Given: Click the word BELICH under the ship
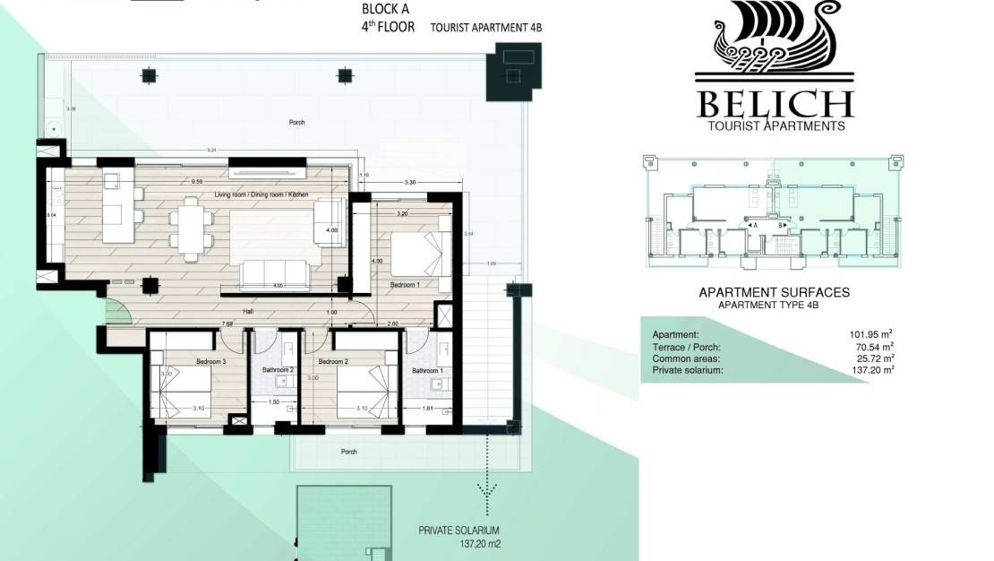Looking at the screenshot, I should pos(775,104).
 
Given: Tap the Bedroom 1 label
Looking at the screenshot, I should pos(405,284).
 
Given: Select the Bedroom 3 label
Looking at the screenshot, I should pos(184,362).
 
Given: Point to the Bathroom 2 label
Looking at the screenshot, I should pos(278,370).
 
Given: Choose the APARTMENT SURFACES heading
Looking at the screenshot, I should pos(774,292).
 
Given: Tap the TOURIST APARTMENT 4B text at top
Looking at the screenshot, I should pos(486,28).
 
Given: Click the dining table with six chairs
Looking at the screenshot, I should pos(190,229).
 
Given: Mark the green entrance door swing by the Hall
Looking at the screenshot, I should pos(117,310).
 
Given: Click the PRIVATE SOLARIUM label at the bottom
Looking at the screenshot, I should pos(458,530).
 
